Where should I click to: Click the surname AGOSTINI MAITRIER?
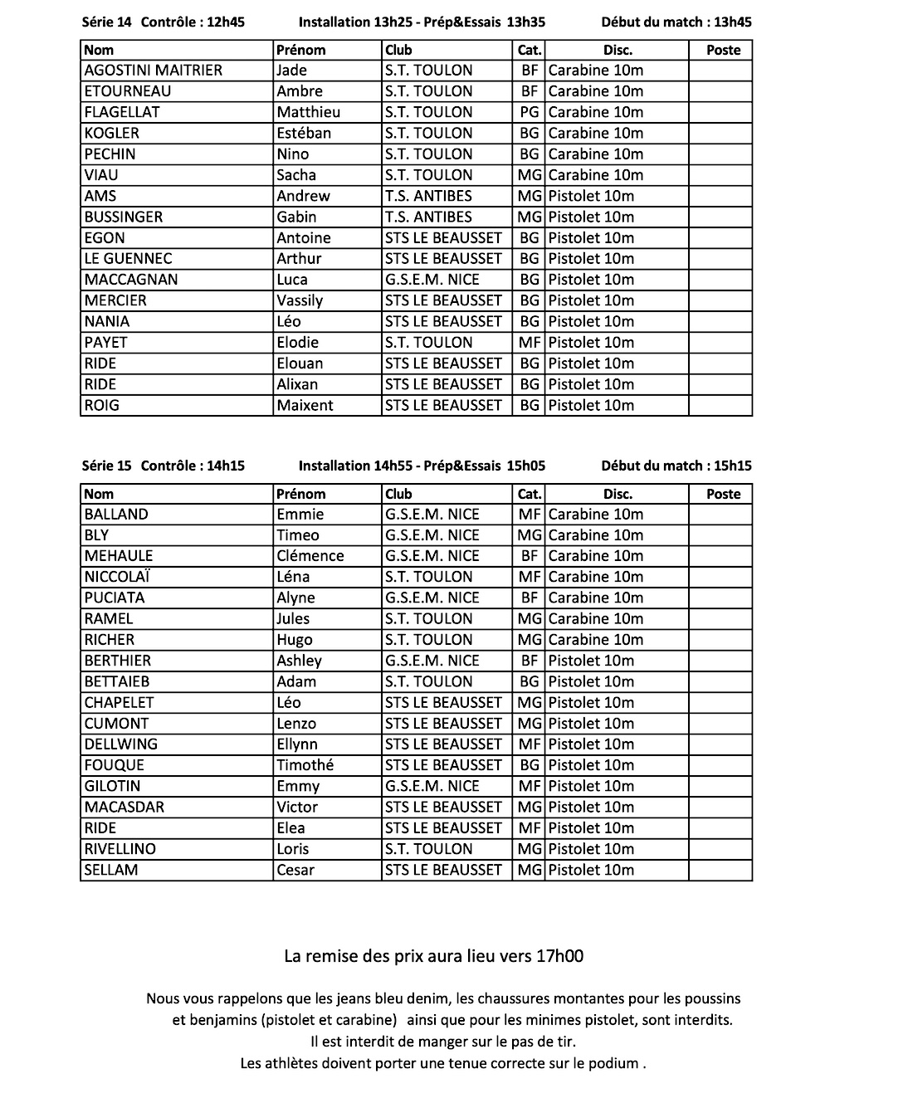click(x=154, y=71)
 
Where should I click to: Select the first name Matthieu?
click(x=308, y=112)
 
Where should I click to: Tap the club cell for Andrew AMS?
click(x=428, y=196)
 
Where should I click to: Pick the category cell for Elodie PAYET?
click(x=529, y=342)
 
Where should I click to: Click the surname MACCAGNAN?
click(x=131, y=280)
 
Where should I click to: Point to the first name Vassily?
click(x=300, y=300)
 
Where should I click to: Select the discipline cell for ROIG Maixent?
click(x=591, y=405)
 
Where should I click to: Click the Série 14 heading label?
click(x=106, y=22)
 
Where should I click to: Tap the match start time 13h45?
click(x=733, y=22)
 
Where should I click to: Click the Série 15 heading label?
click(x=106, y=466)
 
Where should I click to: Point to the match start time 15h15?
click(x=733, y=466)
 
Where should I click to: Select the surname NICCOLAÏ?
click(x=117, y=577)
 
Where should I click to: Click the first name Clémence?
click(x=310, y=556)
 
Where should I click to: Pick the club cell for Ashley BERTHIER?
click(x=432, y=661)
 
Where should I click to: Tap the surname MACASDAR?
click(x=124, y=807)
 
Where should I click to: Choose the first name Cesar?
click(x=295, y=870)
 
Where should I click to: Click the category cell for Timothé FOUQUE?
click(x=529, y=765)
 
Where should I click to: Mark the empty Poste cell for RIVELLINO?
click(x=720, y=849)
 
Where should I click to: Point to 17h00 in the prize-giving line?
click(x=560, y=956)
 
